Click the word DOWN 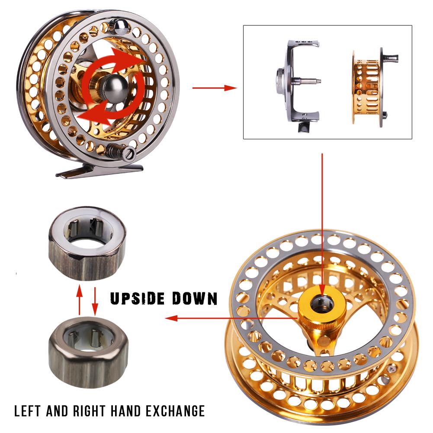[x=195, y=298]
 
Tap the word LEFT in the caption [x=27, y=411]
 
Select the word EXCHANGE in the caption [x=175, y=411]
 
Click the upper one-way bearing [x=87, y=243]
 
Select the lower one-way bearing [x=88, y=352]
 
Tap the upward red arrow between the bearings [x=80, y=300]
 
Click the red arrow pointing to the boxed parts [x=215, y=88]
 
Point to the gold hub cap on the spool [x=322, y=309]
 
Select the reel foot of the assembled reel [x=99, y=171]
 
